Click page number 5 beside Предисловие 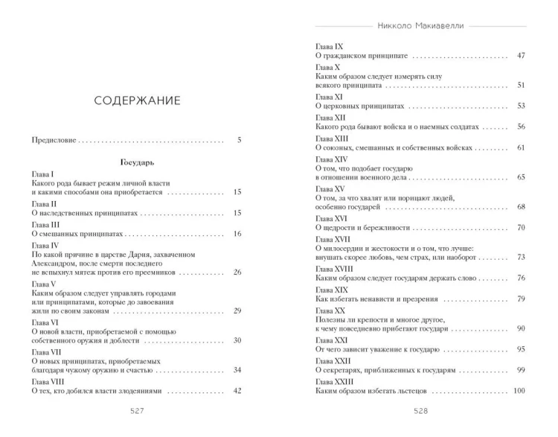tap(239, 139)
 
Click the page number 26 tap(238, 272)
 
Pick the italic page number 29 tap(238, 310)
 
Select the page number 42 tap(238, 390)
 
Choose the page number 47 tap(521, 56)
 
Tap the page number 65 tap(521, 177)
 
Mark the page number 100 tap(519, 391)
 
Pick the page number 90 tap(521, 328)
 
